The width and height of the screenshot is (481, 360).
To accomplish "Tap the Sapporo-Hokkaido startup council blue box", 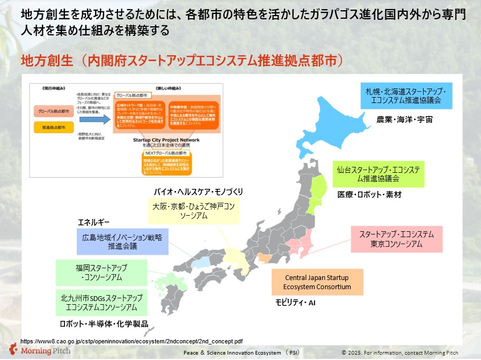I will click(x=406, y=95).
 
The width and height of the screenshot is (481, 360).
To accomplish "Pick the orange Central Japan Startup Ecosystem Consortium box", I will click(x=317, y=282).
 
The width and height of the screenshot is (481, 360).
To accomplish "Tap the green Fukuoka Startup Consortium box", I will click(x=101, y=272).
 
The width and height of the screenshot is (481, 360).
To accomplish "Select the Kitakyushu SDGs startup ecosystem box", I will click(x=101, y=303).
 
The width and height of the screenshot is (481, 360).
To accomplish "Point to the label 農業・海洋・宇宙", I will click(x=404, y=119).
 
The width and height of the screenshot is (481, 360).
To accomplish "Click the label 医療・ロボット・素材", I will click(x=369, y=194).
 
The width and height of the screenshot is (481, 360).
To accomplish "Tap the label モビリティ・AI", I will click(x=295, y=303).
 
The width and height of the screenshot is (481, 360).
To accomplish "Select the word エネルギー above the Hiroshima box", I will click(x=94, y=222).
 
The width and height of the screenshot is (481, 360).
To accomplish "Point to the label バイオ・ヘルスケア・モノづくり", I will click(x=199, y=191).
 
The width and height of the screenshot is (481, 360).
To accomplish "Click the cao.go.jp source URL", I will click(x=132, y=341).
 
